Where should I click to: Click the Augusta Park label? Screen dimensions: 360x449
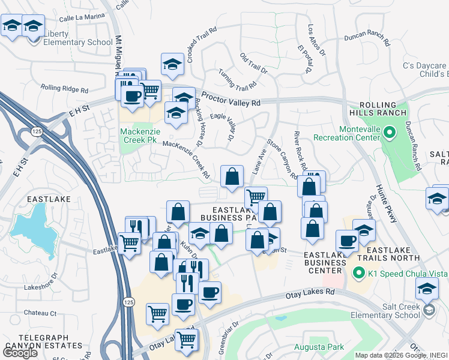pyautogui.click(x=319, y=347)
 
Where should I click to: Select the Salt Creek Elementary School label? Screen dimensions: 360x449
pyautogui.click(x=401, y=310)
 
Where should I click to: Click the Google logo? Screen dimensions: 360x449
pyautogui.click(x=20, y=353)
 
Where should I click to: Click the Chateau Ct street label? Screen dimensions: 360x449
pyautogui.click(x=40, y=313)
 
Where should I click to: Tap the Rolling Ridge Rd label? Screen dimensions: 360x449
pyautogui.click(x=64, y=88)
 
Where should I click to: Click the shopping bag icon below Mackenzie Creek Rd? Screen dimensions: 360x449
pyautogui.click(x=232, y=176)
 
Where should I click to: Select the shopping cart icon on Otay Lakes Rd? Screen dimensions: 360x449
pyautogui.click(x=186, y=339)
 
